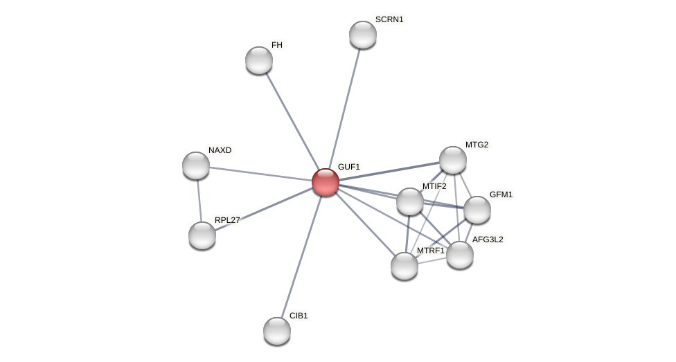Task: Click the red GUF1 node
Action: click(x=326, y=182)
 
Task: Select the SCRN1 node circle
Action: click(x=363, y=35)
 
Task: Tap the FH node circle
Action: click(x=259, y=60)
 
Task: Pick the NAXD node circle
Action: click(x=196, y=165)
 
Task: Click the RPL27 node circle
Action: click(x=202, y=235)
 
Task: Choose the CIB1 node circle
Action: click(x=277, y=331)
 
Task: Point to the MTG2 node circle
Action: click(x=453, y=160)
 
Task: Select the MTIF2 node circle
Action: click(x=410, y=201)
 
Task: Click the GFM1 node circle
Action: click(x=477, y=210)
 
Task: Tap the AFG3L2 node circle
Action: click(x=460, y=255)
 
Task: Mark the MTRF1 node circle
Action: click(x=404, y=266)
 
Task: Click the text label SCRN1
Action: click(x=389, y=19)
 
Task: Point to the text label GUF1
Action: click(x=349, y=167)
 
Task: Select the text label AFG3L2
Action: click(x=488, y=239)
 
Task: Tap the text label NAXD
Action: click(x=220, y=150)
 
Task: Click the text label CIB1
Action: click(x=299, y=316)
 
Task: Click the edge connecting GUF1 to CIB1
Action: click(x=301, y=256)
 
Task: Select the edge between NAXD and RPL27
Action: click(x=199, y=201)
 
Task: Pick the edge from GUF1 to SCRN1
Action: click(x=344, y=108)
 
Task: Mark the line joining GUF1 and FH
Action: click(x=292, y=121)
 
